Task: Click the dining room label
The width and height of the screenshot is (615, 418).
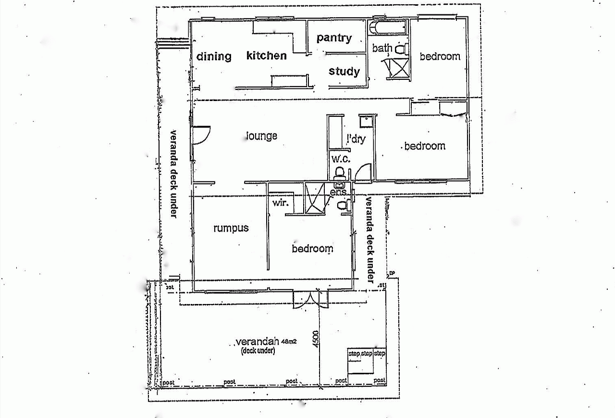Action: pyautogui.click(x=214, y=56)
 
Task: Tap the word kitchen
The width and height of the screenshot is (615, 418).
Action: pyautogui.click(x=266, y=55)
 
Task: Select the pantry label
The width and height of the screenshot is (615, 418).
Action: pyautogui.click(x=334, y=38)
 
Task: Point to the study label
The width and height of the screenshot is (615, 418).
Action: pyautogui.click(x=344, y=72)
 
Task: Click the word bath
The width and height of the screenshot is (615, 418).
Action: pyautogui.click(x=382, y=48)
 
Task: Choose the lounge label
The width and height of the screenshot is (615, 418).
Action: pyautogui.click(x=262, y=136)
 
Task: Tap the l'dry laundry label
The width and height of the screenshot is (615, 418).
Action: pyautogui.click(x=356, y=139)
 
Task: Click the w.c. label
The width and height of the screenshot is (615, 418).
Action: pyautogui.click(x=341, y=158)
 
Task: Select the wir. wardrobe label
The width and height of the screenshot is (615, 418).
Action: pyautogui.click(x=281, y=203)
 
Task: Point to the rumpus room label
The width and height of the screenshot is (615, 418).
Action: pyautogui.click(x=231, y=228)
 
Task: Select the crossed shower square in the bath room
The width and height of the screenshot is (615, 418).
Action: pyautogui.click(x=398, y=67)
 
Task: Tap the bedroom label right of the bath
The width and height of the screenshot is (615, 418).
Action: pyautogui.click(x=440, y=56)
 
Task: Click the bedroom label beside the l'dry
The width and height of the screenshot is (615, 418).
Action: pyautogui.click(x=425, y=146)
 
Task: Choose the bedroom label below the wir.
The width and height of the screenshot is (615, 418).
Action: pyautogui.click(x=312, y=249)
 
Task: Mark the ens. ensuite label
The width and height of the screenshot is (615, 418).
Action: pyautogui.click(x=338, y=192)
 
